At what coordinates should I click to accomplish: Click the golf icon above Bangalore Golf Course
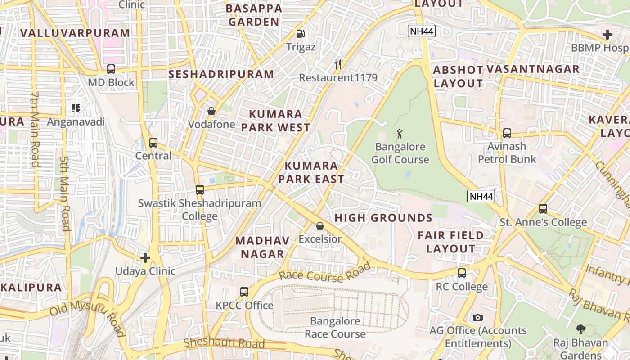pos(400,133)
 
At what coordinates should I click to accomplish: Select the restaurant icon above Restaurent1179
pos(338,64)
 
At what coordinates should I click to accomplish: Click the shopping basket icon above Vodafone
pos(211,111)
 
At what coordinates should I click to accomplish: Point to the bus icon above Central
pos(153,143)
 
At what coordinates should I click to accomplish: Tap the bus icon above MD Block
pos(111,69)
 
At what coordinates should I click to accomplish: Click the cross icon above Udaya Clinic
pos(145,258)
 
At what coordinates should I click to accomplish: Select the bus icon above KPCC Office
pos(244,292)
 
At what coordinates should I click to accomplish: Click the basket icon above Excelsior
pos(320,225)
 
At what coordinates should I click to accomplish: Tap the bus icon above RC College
pos(462,273)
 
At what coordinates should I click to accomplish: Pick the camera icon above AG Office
pos(478,317)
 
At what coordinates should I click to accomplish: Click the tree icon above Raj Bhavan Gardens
pos(581,329)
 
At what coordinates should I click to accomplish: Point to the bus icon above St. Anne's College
pos(543,209)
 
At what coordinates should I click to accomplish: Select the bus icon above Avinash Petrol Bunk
pos(507,133)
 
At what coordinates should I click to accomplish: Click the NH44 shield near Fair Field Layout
pos(481,196)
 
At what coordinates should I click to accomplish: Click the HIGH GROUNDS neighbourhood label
pos(383,218)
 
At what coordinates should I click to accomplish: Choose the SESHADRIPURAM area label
pos(221,74)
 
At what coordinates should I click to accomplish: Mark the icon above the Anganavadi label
pos(76,108)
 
